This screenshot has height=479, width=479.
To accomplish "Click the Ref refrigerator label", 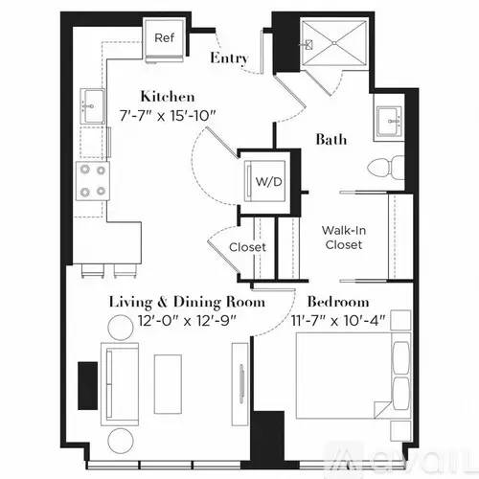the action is (x=164, y=38).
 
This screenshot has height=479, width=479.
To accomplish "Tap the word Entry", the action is (x=229, y=58).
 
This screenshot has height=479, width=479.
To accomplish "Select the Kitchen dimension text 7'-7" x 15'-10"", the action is (x=168, y=116).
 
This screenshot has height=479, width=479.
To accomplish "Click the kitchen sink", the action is (x=92, y=106).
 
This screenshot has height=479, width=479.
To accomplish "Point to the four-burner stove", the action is (x=93, y=181).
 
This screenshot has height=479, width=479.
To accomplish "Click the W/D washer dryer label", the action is (x=269, y=182).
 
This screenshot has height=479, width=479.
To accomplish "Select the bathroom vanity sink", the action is (x=389, y=122).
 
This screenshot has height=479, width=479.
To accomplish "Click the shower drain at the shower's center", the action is (x=333, y=43).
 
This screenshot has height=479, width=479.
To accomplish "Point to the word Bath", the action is (x=331, y=140).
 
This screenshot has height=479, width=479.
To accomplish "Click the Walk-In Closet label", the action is (x=344, y=238).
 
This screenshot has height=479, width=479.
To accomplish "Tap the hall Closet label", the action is (x=247, y=247).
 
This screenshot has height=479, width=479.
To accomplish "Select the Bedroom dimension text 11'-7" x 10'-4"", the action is (x=338, y=320).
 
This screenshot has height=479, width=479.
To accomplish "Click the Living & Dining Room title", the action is (x=187, y=302).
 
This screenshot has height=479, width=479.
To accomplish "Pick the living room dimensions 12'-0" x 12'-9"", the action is (x=187, y=320).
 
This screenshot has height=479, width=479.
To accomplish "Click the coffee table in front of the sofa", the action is (x=168, y=384).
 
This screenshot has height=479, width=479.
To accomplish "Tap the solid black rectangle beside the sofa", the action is (x=88, y=386).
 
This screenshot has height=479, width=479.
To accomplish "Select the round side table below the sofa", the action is (x=121, y=441).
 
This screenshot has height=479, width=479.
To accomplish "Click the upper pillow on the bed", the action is (x=401, y=357).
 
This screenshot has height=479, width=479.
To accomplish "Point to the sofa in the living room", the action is (x=120, y=384).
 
